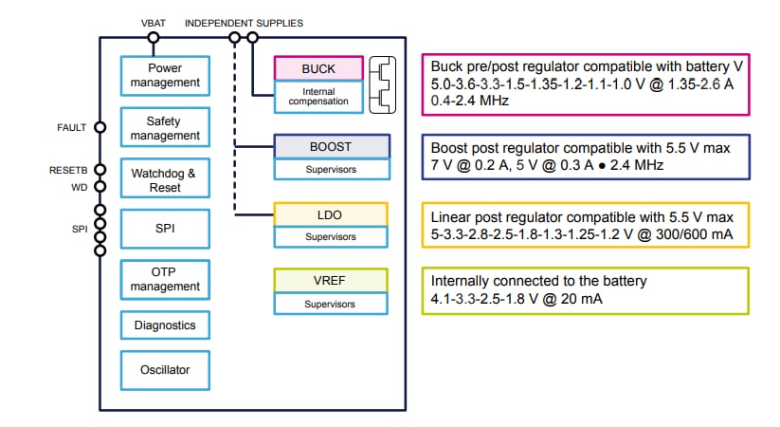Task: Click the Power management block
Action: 165,75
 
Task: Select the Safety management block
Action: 165,128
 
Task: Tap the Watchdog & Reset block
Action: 165,180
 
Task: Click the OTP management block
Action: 165,279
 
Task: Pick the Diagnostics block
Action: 165,325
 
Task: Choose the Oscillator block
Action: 165,370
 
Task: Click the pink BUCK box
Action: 318,68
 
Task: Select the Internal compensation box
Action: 318,95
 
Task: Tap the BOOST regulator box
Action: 331,146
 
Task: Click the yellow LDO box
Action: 331,215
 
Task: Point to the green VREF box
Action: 331,281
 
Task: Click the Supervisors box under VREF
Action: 331,304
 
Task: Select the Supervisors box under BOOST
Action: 331,169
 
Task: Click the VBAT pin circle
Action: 153,38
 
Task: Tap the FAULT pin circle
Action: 100,126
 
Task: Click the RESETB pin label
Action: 68,171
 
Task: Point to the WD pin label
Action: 80,187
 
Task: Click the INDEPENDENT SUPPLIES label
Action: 245,22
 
